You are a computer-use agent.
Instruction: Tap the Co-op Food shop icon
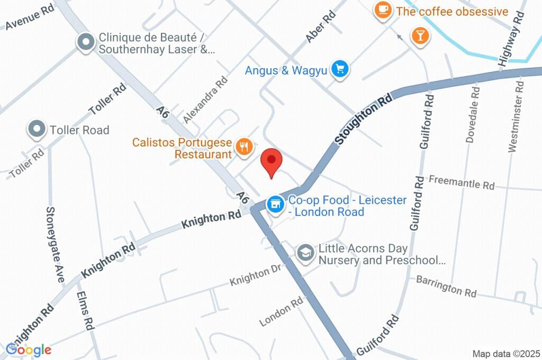pos(274,203)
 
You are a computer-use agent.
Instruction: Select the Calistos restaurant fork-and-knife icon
pos(244,147)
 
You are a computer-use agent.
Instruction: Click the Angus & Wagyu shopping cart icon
pos(339,68)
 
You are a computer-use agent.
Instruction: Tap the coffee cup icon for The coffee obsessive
pos(382,10)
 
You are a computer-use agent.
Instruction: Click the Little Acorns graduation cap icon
pos(305,253)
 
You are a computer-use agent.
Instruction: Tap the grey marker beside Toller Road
pos(37,129)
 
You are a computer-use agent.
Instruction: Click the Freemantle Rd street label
pos(461,183)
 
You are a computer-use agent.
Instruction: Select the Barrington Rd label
pos(446,286)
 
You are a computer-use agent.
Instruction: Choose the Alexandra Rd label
pos(205,98)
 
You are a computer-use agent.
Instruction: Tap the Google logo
pos(29,349)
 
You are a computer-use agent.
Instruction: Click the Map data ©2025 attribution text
pos(505,353)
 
